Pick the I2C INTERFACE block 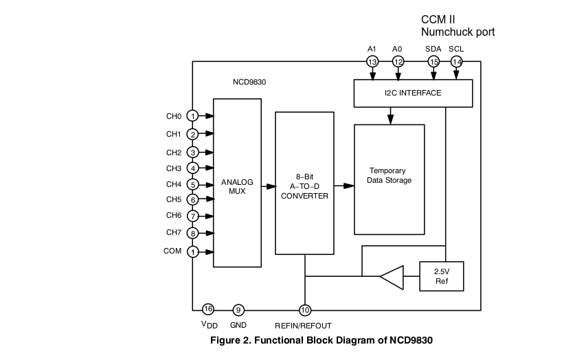[413, 93]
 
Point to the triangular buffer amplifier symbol [392, 277]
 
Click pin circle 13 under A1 [372, 62]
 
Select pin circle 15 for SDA [433, 62]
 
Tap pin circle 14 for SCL [456, 62]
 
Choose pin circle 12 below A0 [398, 62]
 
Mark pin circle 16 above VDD [208, 309]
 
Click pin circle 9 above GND [238, 310]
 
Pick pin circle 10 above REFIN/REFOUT [304, 310]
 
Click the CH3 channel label [173, 168]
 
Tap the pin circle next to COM [194, 252]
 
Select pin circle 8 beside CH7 [194, 233]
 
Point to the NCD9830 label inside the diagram [249, 82]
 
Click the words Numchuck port [458, 32]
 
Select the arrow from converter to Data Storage [343, 185]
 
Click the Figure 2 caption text [322, 339]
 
